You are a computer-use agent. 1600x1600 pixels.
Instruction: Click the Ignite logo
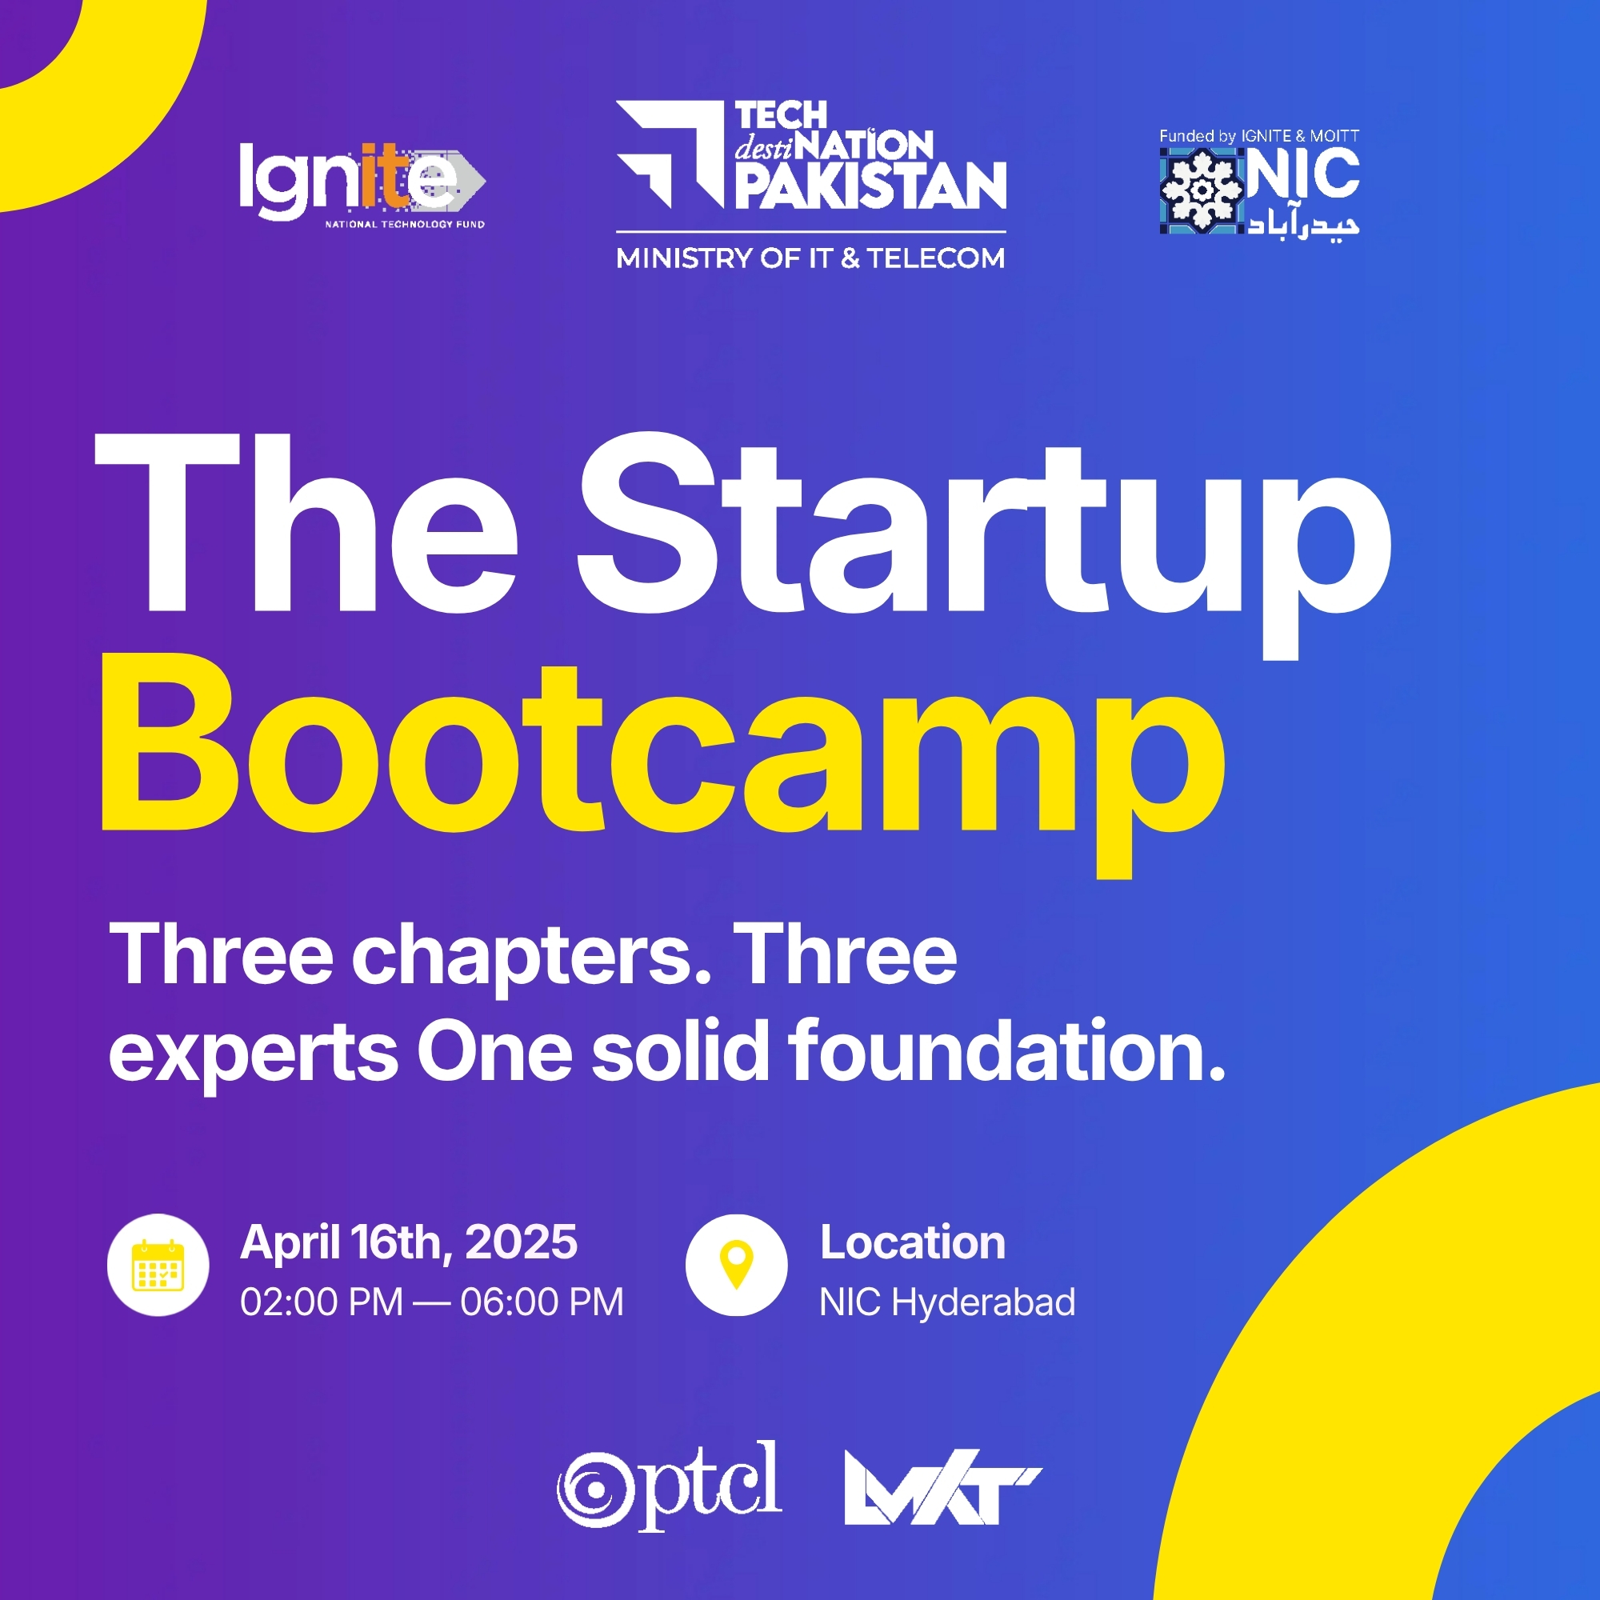pos(362,184)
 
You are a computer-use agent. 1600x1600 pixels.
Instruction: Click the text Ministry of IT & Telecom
pos(810,258)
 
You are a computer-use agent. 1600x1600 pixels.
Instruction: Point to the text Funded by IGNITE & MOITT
pos(1258,136)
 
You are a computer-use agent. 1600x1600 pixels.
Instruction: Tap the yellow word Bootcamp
pos(662,762)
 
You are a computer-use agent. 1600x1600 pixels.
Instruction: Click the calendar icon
pos(158,1265)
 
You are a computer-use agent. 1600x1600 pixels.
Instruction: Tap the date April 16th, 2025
pos(408,1242)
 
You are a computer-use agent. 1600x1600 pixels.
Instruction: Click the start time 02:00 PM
pos(322,1302)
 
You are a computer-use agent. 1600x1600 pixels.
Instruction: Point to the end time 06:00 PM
pos(542,1302)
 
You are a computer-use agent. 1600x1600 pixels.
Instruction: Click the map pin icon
pos(736,1265)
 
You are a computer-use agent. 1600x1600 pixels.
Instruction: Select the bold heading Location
pos(913,1242)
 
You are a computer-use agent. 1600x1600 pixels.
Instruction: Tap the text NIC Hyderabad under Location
pos(947,1302)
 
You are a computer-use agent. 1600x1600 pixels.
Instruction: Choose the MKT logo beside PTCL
pos(942,1487)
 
